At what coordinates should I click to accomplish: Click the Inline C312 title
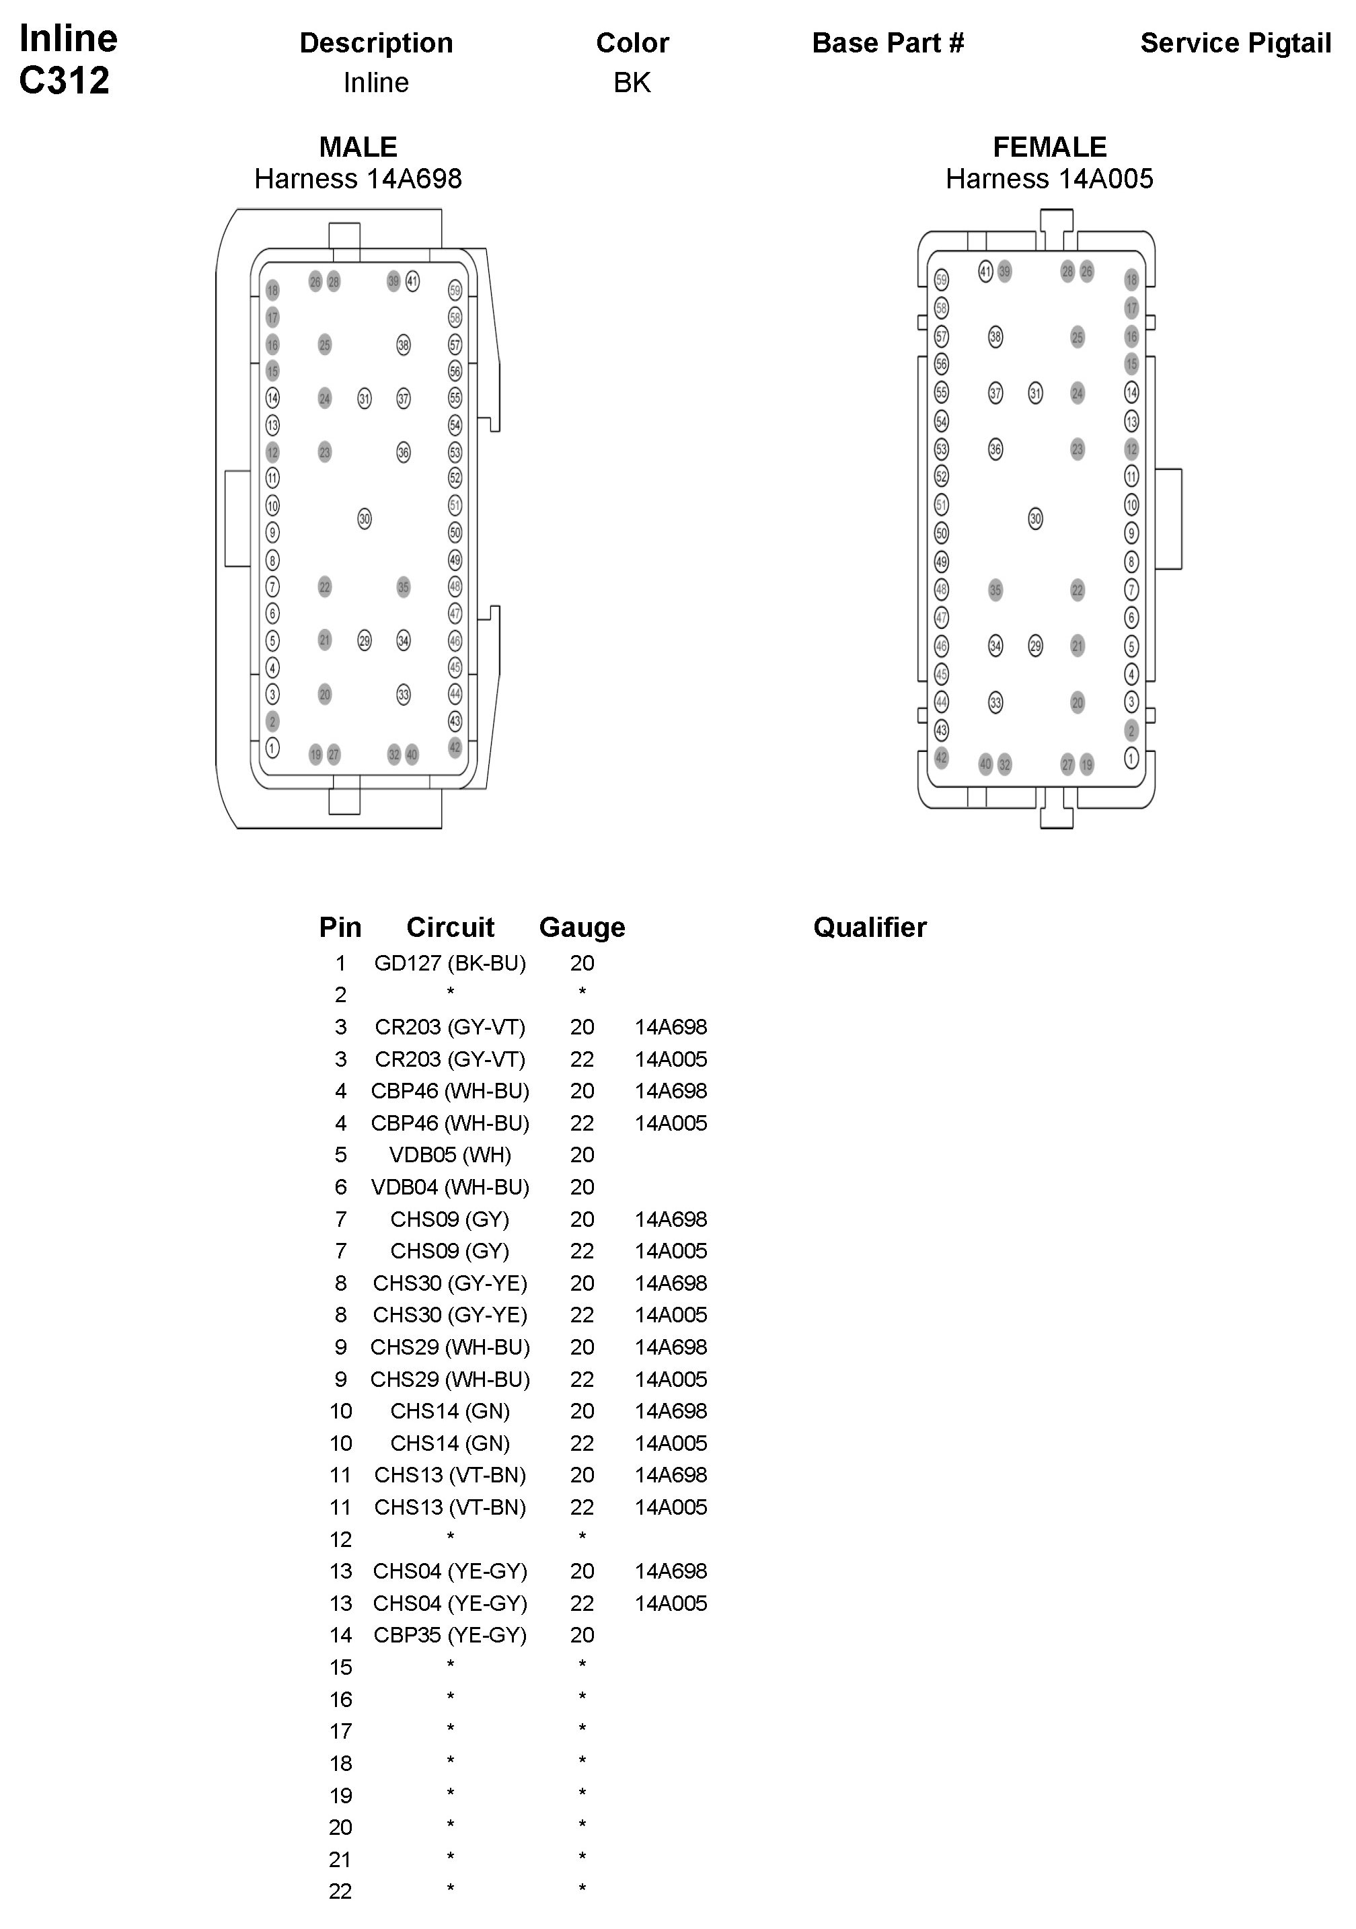coord(67,59)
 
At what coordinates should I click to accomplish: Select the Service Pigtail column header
coord(1235,43)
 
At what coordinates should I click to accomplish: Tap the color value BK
coord(632,82)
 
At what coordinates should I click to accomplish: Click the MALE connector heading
coord(358,147)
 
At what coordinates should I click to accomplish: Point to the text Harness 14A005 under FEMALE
coord(1049,179)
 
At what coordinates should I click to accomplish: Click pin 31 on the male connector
coord(364,398)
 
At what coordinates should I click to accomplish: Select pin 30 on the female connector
coord(1035,519)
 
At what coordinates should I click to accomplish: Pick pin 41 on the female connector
coord(985,271)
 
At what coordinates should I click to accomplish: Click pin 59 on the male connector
coord(455,291)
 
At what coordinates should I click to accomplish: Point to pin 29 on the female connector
coord(1035,646)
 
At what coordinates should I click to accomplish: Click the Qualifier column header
coord(870,928)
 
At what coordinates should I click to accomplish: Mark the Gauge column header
coord(581,928)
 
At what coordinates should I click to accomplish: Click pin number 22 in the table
coord(340,1891)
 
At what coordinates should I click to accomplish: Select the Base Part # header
coord(887,43)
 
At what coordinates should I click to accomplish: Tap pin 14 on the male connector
coord(272,398)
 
